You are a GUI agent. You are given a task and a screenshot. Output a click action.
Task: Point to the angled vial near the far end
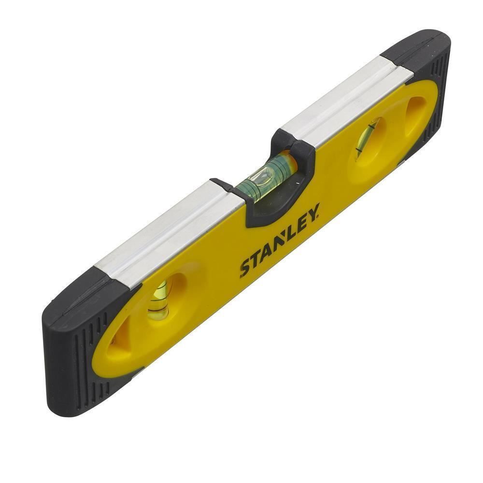[x=367, y=138]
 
